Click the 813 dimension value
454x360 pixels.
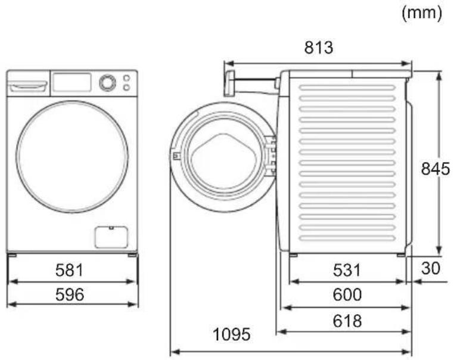(x=319, y=48)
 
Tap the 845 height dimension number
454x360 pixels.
(x=436, y=169)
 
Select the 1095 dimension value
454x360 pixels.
(x=231, y=334)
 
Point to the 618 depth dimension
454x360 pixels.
(x=347, y=321)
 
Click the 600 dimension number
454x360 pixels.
(x=347, y=294)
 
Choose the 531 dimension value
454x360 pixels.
(x=347, y=270)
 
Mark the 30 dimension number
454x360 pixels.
(x=431, y=268)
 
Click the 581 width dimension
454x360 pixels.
(x=69, y=270)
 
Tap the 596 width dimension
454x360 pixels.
(x=70, y=294)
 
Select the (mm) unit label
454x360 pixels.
(x=422, y=13)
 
